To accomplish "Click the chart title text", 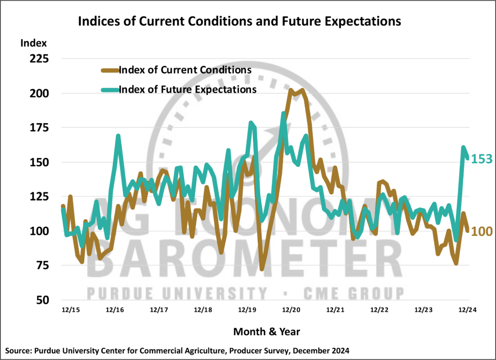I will click(240, 21).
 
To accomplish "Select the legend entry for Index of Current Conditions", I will click(184, 70).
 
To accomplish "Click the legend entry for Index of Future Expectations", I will click(187, 90).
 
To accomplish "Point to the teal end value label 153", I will click(482, 159).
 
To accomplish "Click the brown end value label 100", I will click(482, 232).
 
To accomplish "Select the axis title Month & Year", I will click(266, 332).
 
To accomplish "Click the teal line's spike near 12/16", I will click(118, 136).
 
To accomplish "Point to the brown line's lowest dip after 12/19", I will click(262, 269).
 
